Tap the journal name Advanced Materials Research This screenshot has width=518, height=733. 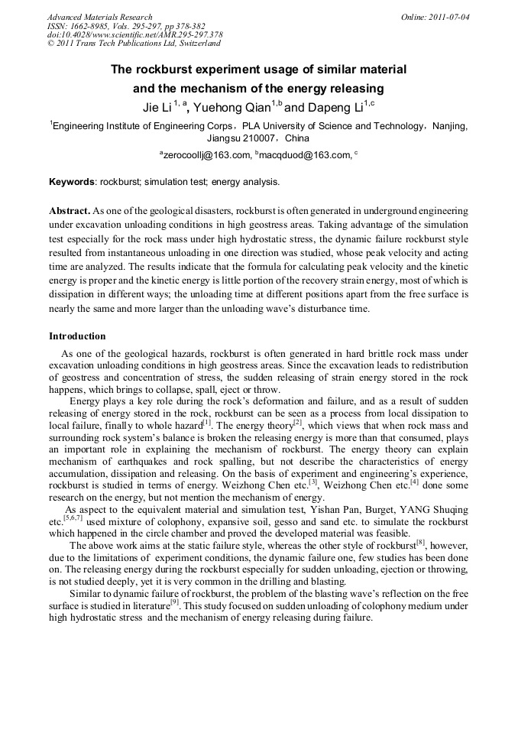click(99, 16)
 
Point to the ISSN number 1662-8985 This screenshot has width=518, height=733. click(95, 25)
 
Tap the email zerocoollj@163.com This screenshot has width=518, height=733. click(206, 155)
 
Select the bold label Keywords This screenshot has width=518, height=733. click(73, 182)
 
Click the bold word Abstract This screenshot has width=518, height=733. click(69, 209)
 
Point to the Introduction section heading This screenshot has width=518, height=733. click(77, 336)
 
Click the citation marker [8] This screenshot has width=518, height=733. click(420, 543)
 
